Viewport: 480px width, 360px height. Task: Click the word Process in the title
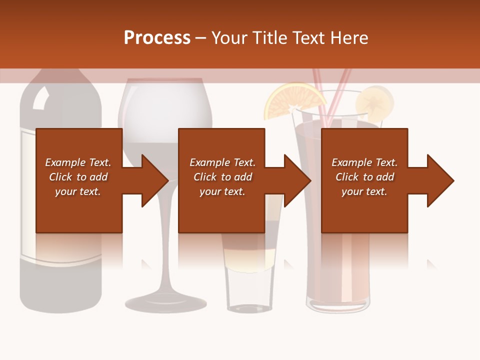point(157,38)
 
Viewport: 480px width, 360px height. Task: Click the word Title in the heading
point(270,38)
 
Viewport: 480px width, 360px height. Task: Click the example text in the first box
point(78,177)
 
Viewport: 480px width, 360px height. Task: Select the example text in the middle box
point(222,177)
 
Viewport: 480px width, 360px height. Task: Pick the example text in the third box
point(364,177)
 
